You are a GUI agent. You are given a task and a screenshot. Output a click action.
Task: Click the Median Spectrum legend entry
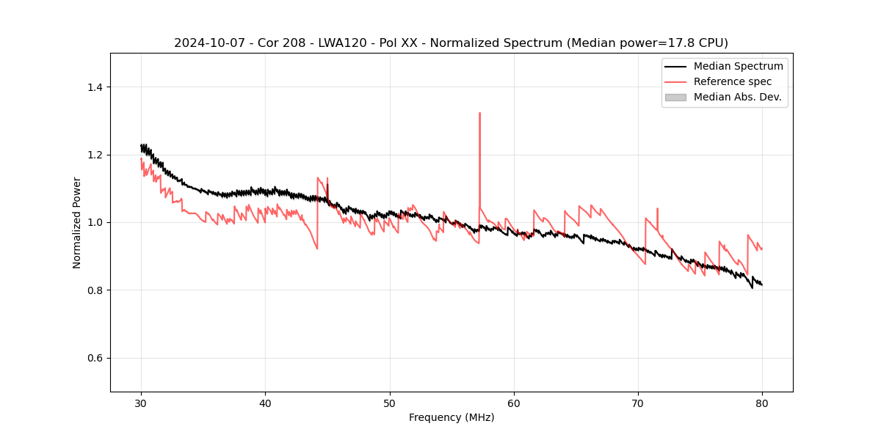click(738, 66)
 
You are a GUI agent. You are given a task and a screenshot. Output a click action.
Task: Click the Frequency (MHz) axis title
click(452, 417)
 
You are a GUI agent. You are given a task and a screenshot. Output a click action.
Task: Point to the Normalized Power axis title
click(77, 222)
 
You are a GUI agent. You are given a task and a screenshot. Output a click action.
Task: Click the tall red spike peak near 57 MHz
click(479, 114)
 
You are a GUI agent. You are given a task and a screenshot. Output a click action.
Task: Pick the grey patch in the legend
click(675, 97)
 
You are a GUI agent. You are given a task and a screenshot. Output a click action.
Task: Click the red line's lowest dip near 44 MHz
click(317, 249)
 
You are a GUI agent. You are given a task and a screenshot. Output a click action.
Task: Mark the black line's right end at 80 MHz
click(762, 285)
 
